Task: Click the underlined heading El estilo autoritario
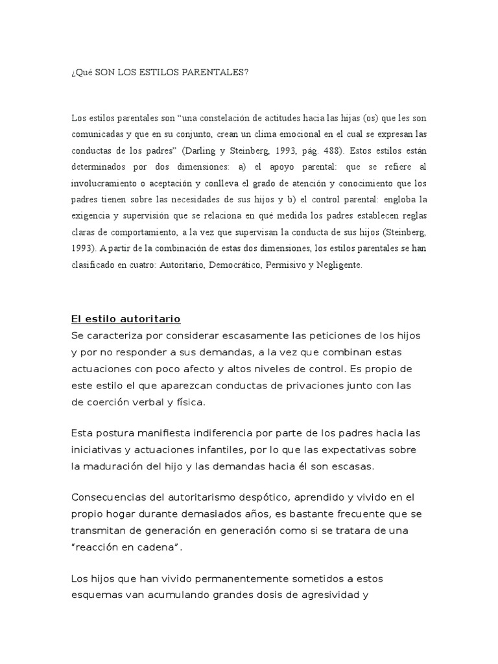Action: click(x=125, y=319)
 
